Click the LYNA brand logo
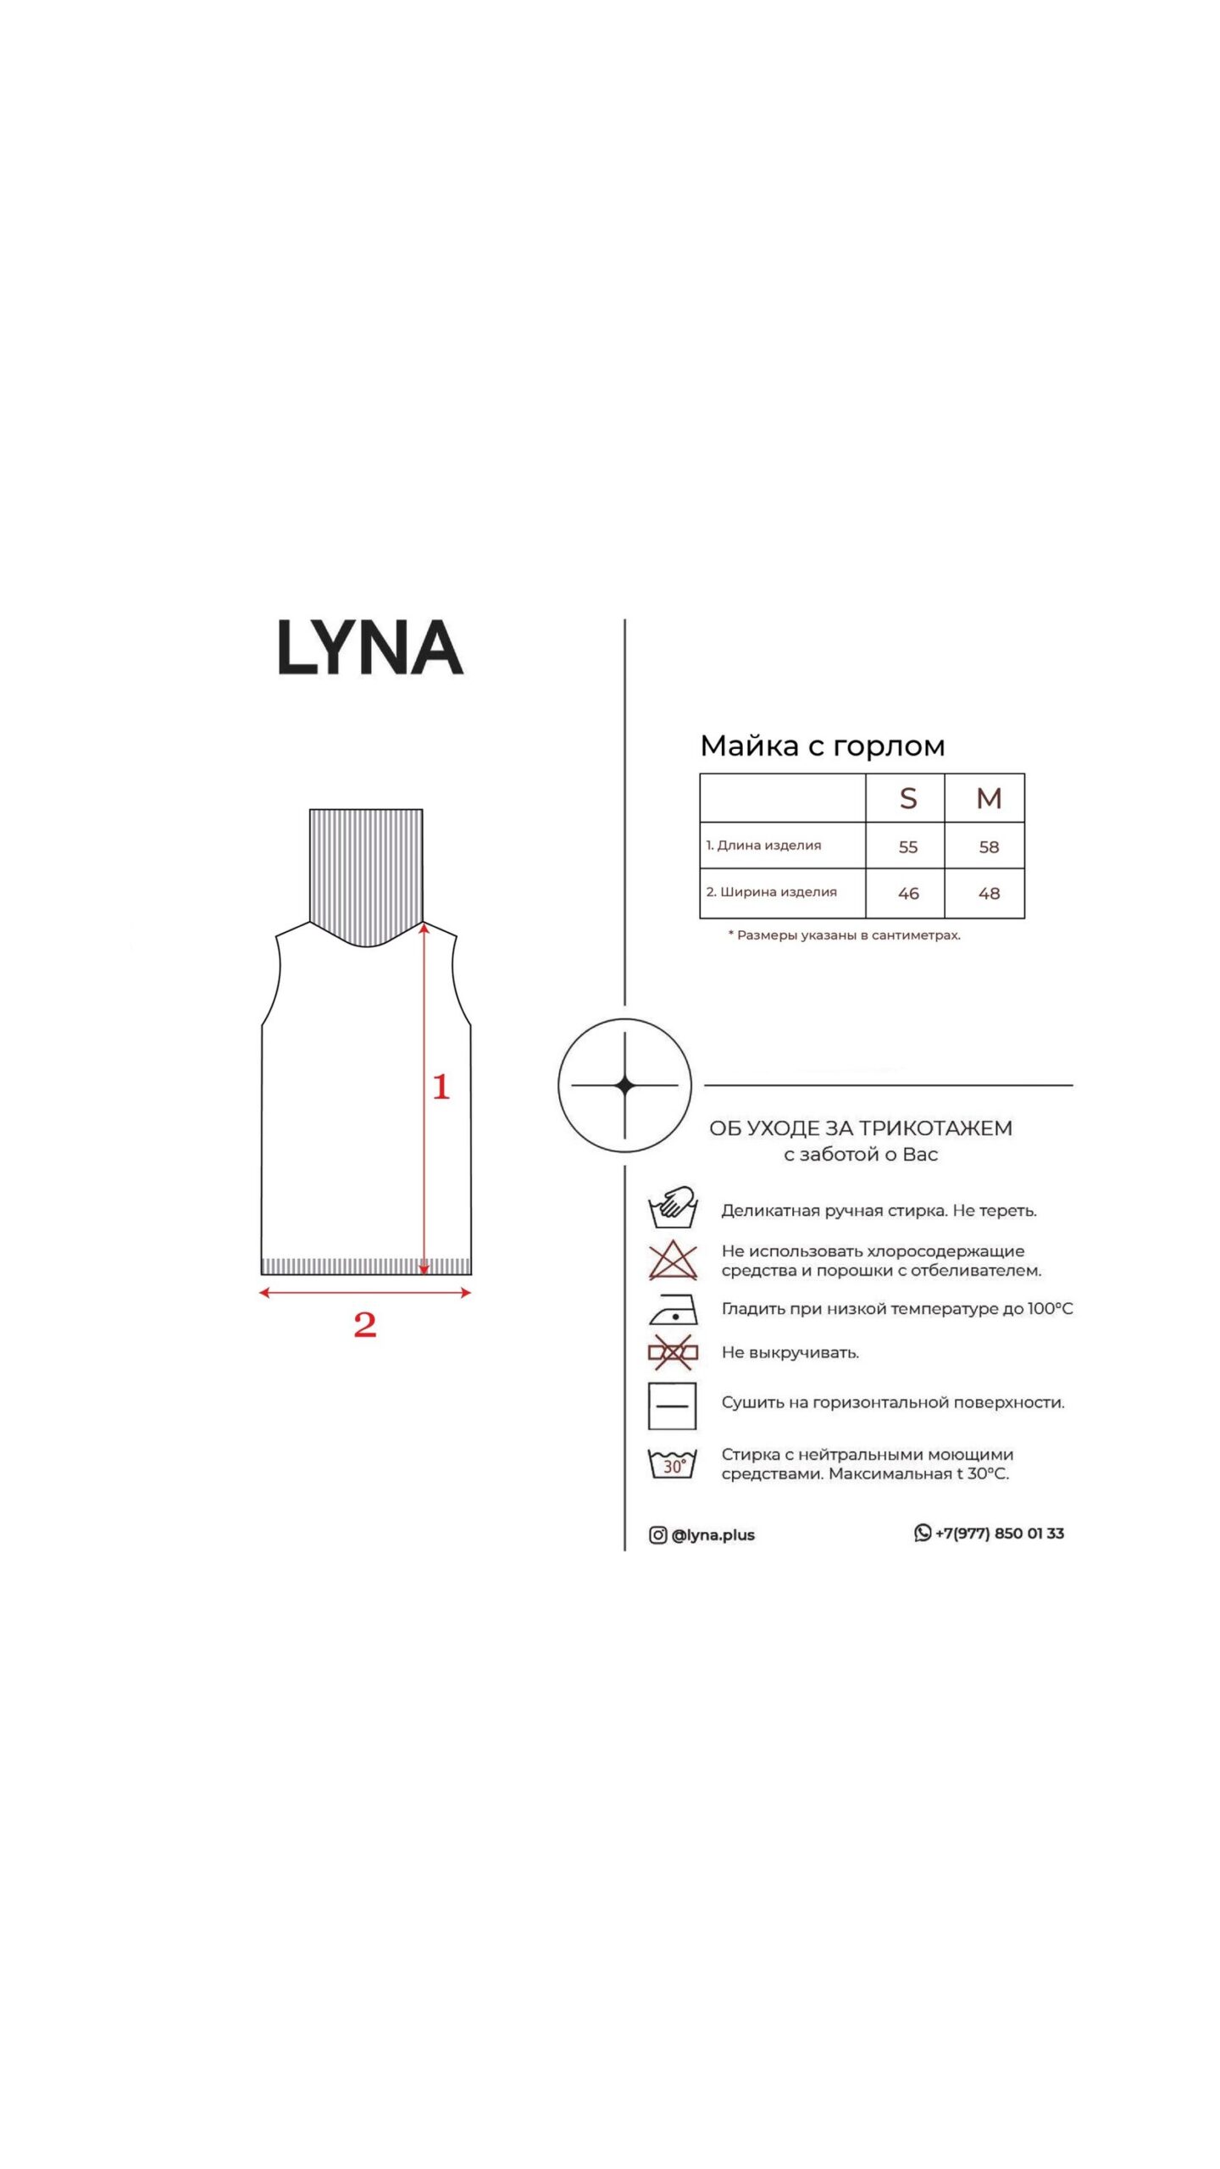point(370,648)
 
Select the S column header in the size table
point(907,798)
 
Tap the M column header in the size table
point(989,798)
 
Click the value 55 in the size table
point(907,846)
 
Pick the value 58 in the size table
point(989,846)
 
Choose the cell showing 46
point(907,893)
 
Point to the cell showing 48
point(989,893)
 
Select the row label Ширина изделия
point(779,892)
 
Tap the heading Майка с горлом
point(822,746)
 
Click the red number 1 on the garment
point(441,1087)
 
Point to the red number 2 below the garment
point(365,1324)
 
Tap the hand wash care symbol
point(673,1207)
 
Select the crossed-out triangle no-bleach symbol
point(673,1262)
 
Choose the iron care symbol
point(673,1310)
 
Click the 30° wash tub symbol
point(673,1464)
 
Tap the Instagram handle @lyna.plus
point(713,1535)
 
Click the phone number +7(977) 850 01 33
point(1000,1534)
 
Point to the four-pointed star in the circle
point(624,1085)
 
